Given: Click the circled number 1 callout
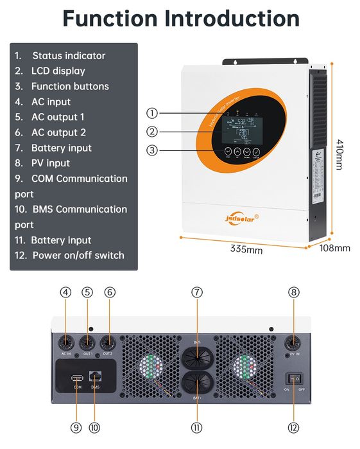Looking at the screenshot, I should click(152, 113).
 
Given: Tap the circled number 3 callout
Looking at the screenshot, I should click(152, 150).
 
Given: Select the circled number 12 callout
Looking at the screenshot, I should click(294, 427).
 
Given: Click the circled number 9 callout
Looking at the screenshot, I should click(76, 427).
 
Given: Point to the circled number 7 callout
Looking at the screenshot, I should click(197, 292).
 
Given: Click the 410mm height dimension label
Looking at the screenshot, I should click(340, 154).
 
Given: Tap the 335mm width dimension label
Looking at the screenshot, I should click(246, 249).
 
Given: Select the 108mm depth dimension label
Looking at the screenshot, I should click(334, 248).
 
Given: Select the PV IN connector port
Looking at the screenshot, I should click(294, 341).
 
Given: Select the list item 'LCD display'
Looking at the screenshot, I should click(58, 71).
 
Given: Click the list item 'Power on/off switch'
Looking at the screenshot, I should click(78, 255).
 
